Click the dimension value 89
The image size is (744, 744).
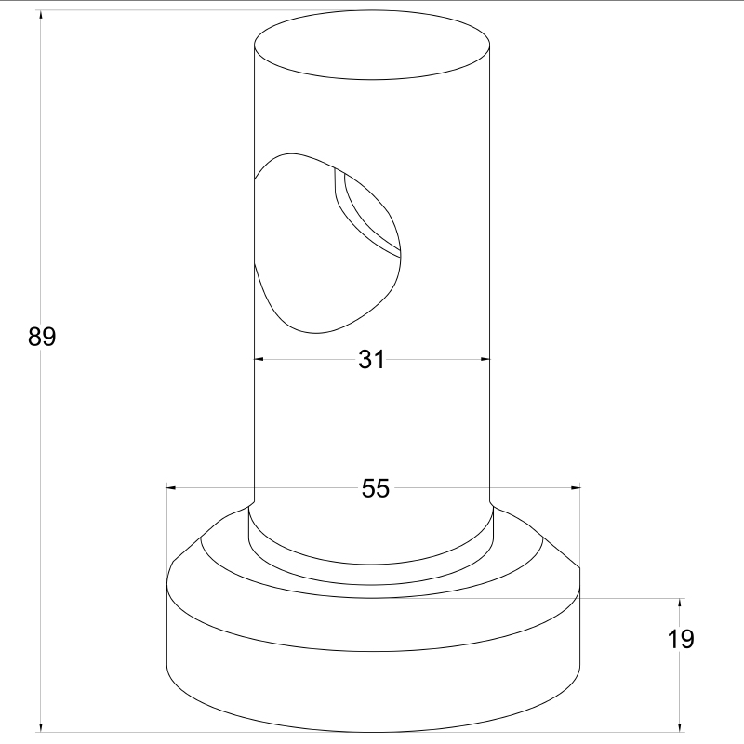coord(42,337)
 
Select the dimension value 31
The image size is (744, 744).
coord(371,359)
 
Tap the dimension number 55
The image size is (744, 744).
coord(376,487)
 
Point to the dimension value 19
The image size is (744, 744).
coord(681,639)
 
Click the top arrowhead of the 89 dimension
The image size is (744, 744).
coord(41,15)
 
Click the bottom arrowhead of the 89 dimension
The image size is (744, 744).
coord(41,727)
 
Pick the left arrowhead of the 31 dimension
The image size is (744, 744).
coord(259,359)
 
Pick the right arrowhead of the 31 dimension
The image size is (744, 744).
coord(485,359)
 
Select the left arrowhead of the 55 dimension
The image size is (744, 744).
coord(172,487)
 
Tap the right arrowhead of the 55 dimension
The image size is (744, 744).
coord(575,487)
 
